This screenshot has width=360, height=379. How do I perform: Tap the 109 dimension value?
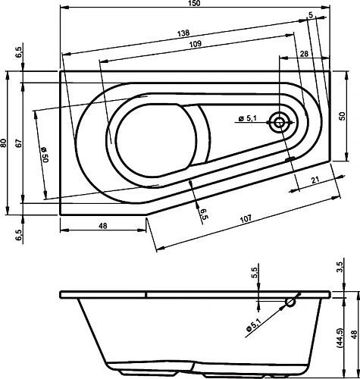pos(195,45)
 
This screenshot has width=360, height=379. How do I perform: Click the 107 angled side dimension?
pos(245,218)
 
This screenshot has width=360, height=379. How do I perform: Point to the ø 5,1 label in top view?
pos(250,117)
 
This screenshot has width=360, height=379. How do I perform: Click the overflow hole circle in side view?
pos(290,302)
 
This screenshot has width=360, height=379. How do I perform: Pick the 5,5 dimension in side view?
pos(255,272)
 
